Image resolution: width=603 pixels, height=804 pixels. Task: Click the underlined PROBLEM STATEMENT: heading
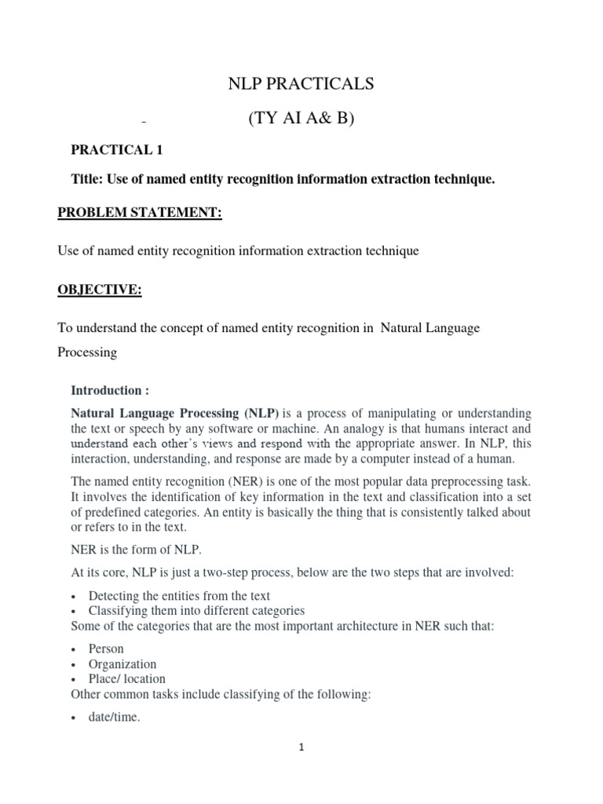[141, 214]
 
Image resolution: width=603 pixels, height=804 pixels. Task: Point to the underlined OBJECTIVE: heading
[100, 290]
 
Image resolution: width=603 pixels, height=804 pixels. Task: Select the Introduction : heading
[110, 390]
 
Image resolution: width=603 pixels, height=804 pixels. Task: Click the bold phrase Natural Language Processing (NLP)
[175, 413]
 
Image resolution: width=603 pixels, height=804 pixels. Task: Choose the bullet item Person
[107, 649]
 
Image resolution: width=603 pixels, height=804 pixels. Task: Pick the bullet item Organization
[122, 664]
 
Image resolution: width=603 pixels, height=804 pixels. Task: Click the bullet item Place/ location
[127, 678]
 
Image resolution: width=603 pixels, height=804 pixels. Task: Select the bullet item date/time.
[115, 716]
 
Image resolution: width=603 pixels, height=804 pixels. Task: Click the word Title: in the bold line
[87, 180]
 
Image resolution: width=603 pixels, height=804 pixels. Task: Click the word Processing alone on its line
[87, 353]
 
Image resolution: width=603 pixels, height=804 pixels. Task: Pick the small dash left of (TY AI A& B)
[144, 123]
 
